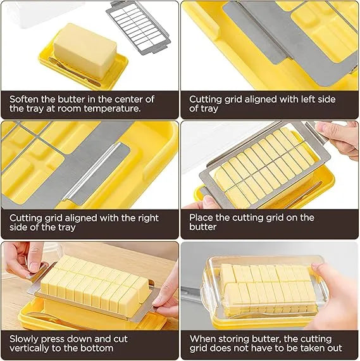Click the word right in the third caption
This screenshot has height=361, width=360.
(x=148, y=218)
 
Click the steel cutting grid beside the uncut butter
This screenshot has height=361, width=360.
(x=139, y=28)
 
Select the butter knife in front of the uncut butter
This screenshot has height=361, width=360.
(x=74, y=72)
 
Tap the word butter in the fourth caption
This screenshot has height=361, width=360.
(x=202, y=227)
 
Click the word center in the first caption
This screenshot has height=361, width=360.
(x=128, y=99)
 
